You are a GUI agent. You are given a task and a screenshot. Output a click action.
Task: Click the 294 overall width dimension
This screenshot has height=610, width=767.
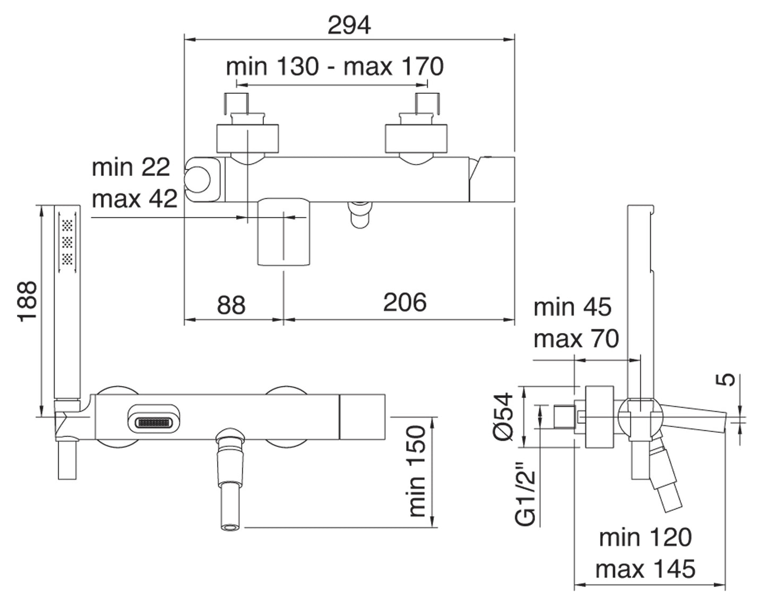click(x=349, y=25)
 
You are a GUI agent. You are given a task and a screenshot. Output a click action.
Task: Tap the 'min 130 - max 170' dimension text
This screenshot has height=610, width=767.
click(x=334, y=67)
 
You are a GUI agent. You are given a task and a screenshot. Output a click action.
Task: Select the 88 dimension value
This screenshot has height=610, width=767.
click(x=231, y=305)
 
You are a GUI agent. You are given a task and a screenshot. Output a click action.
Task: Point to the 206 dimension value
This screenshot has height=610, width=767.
click(x=405, y=302)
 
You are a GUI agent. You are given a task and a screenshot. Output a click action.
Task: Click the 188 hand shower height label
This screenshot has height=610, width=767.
click(x=27, y=301)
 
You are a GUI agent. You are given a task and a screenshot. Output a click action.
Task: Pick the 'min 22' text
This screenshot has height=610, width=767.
click(x=131, y=168)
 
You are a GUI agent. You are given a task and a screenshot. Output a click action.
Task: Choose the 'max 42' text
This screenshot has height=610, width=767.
click(x=134, y=199)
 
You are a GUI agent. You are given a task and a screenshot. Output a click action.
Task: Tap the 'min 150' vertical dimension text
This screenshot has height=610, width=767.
click(x=417, y=471)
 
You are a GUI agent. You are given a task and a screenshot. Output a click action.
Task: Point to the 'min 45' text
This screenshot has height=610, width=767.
click(x=572, y=307)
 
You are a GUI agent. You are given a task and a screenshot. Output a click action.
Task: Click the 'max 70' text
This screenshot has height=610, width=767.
click(x=576, y=338)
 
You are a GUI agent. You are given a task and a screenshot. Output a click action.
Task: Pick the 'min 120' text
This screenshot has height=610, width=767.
click(x=645, y=537)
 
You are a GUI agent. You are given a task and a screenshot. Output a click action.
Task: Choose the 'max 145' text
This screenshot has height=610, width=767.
click(x=645, y=569)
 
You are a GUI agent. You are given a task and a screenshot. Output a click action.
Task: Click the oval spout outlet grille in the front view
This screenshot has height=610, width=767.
click(x=154, y=423)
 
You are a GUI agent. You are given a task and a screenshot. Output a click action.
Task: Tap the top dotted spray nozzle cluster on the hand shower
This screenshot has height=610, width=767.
click(x=67, y=225)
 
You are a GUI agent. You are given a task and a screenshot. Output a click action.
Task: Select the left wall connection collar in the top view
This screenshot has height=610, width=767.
click(x=247, y=138)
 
